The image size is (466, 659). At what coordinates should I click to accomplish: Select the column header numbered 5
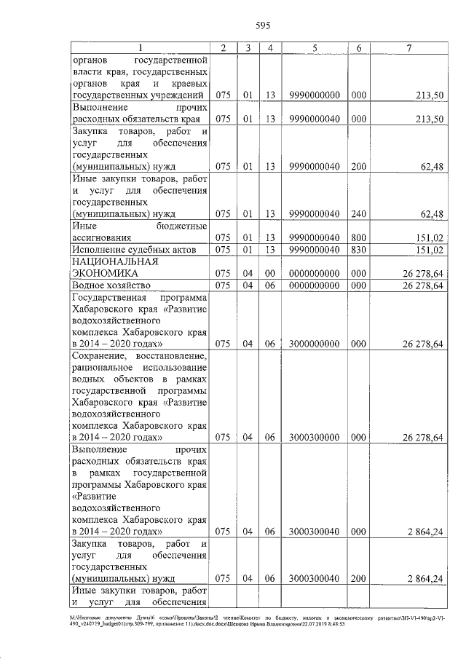coord(314,48)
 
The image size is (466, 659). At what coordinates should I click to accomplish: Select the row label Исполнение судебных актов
coord(133,250)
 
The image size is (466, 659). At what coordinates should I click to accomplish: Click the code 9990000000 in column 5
coord(314,95)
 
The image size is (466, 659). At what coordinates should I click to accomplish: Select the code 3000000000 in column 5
coord(314,343)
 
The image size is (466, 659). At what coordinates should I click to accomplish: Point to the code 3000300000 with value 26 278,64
coord(314,437)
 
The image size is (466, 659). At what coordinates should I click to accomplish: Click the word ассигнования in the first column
coord(101,237)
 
